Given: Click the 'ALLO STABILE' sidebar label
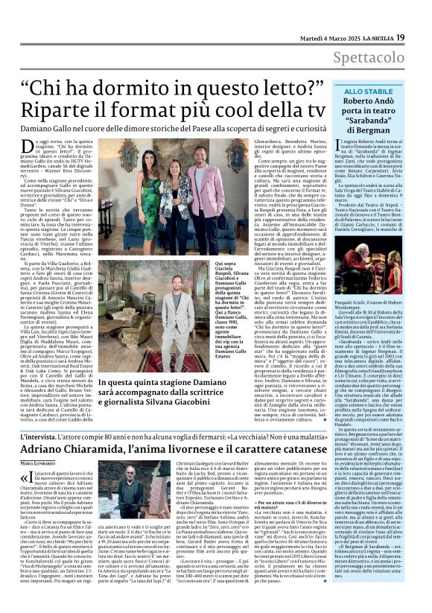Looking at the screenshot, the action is (x=363, y=91).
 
